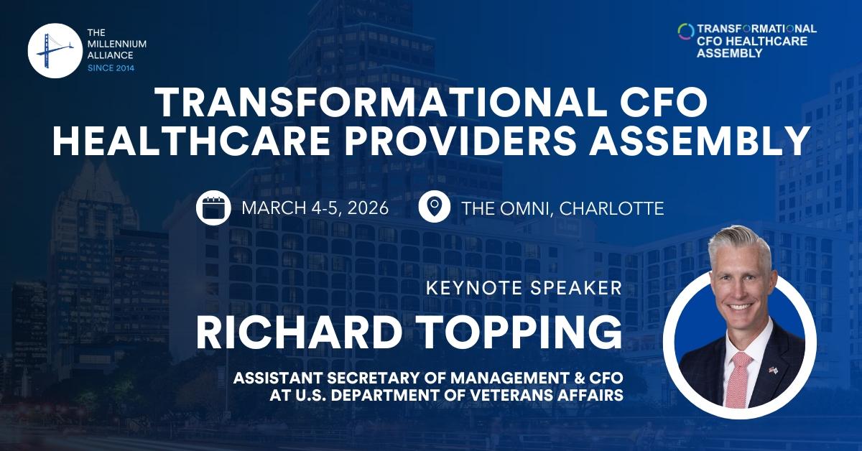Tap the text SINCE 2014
[110, 68]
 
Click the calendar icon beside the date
[213, 208]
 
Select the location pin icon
[434, 208]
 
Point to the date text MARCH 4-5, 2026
[315, 209]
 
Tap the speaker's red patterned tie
[738, 380]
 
